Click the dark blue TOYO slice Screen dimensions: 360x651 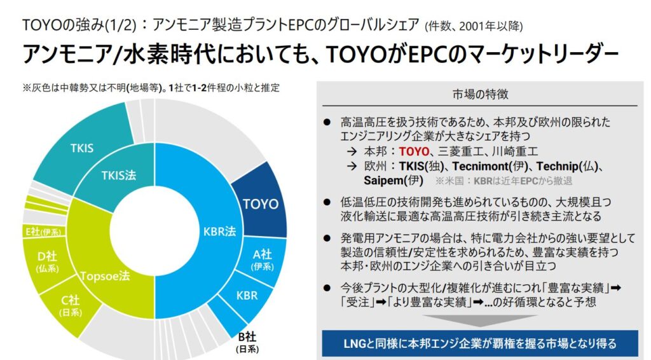[260, 204]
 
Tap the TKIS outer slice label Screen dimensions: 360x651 [82, 148]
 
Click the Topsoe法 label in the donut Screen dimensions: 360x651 [106, 277]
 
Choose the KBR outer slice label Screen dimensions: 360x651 [247, 296]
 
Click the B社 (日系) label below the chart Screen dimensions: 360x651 [246, 342]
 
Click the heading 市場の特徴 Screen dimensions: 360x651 [480, 94]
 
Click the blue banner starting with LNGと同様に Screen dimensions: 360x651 [480, 344]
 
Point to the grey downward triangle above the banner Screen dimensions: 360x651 [480, 319]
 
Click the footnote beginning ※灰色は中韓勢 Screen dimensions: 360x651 [151, 88]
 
